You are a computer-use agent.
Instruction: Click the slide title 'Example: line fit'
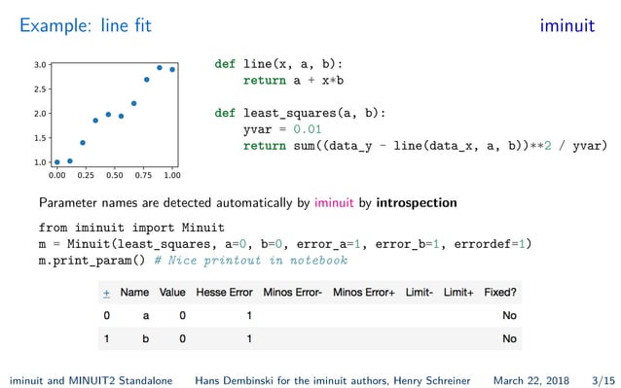tap(86, 26)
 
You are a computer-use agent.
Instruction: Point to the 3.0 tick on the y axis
tap(40, 64)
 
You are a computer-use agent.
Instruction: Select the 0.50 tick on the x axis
tap(114, 177)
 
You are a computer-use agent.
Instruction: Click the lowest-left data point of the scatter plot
tap(56, 162)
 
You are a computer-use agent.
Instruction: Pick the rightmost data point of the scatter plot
tap(172, 70)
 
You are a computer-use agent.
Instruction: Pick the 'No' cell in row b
tap(509, 339)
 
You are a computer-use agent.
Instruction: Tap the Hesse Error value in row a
tap(249, 316)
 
